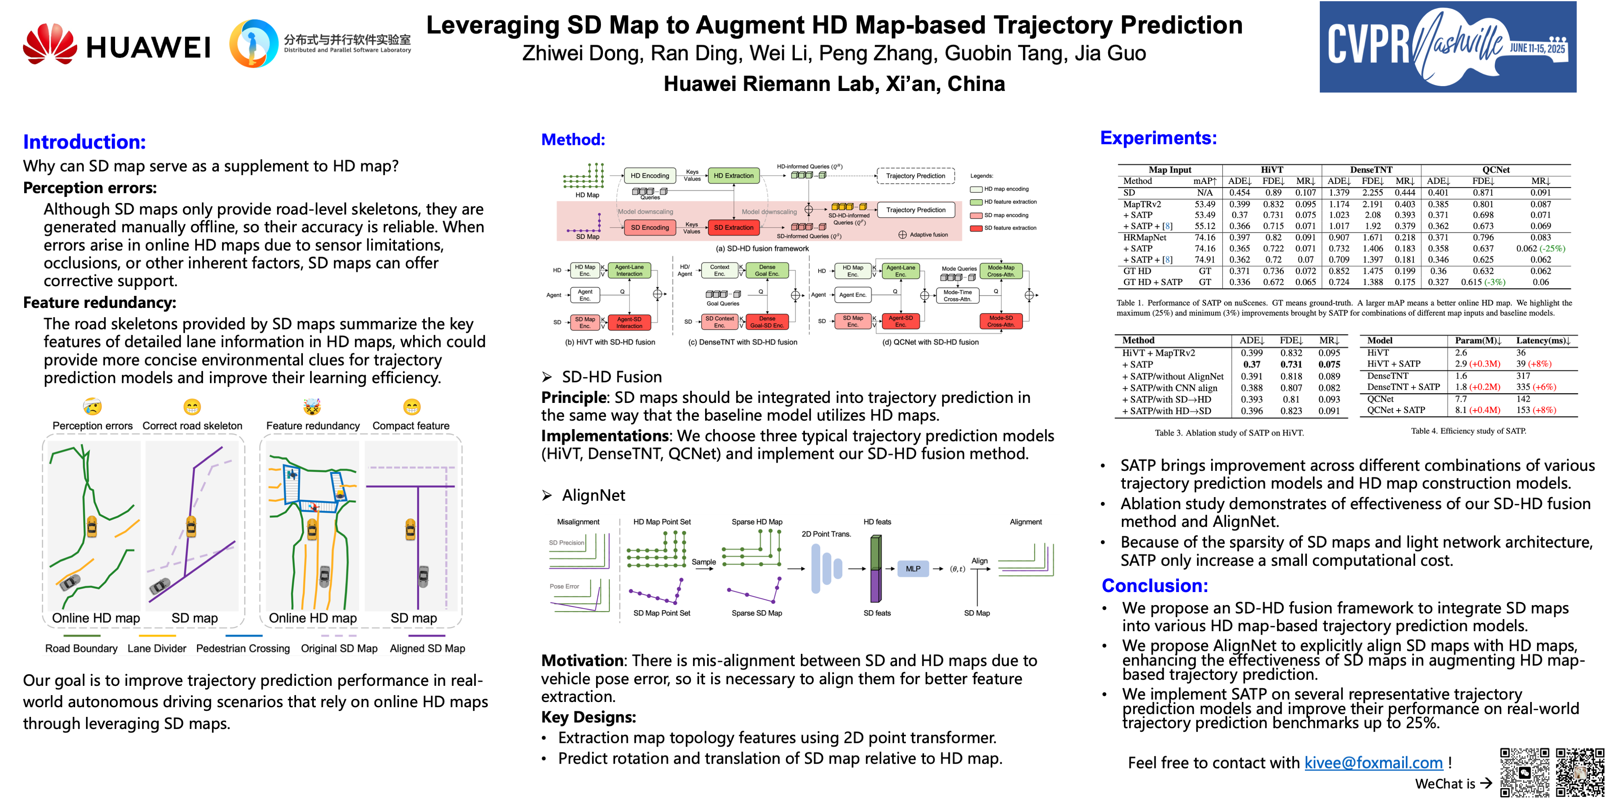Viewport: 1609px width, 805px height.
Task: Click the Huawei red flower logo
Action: point(50,44)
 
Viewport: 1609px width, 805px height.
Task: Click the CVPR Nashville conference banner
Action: point(1447,47)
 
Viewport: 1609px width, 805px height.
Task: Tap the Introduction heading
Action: point(84,142)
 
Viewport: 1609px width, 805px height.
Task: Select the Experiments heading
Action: point(1158,138)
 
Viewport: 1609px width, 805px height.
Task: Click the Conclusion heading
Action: point(1154,586)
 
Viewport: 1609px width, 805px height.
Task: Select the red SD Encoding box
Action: point(650,227)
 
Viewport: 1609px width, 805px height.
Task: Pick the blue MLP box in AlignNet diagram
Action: point(913,569)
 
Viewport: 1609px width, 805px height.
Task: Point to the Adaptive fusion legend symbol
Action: point(902,235)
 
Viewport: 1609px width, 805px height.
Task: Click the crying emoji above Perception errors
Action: point(93,407)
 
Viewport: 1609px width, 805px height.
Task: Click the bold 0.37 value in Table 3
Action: point(1251,364)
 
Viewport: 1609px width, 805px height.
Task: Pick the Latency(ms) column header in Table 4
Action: point(1543,341)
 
